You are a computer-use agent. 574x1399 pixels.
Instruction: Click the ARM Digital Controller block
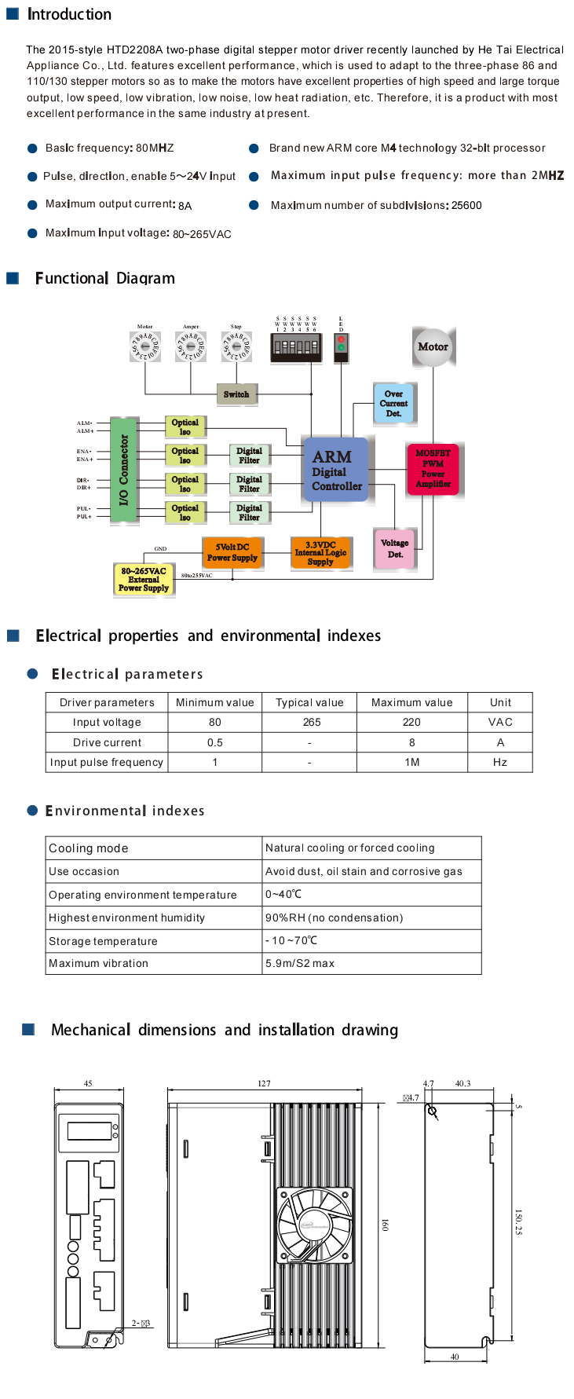(x=336, y=471)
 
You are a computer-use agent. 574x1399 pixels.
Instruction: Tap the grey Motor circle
(x=433, y=347)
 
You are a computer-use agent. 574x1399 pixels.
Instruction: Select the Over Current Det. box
(x=393, y=404)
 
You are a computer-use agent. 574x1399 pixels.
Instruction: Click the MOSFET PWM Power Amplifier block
(x=433, y=469)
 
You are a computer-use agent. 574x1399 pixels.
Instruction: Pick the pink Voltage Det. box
(x=394, y=548)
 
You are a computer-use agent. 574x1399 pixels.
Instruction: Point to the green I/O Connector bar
(x=122, y=470)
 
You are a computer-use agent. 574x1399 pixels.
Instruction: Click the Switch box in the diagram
(x=236, y=394)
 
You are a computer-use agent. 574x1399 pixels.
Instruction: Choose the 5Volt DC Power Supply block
(x=232, y=553)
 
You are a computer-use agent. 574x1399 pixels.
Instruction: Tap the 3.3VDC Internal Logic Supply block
(x=320, y=553)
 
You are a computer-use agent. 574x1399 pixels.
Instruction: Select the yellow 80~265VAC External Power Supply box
(x=144, y=580)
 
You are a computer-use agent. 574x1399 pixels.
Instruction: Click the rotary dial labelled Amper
(x=190, y=346)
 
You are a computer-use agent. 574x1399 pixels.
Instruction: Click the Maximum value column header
(x=411, y=702)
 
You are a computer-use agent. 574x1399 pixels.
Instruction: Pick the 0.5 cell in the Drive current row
(x=215, y=742)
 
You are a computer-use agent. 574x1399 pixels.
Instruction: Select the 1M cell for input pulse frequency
(x=411, y=762)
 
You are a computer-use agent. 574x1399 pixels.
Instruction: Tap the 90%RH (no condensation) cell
(x=335, y=917)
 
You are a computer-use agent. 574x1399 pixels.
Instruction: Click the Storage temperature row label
(x=103, y=941)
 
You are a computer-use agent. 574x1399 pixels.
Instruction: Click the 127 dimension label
(x=264, y=1083)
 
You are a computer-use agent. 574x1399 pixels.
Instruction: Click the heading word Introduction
(x=69, y=14)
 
